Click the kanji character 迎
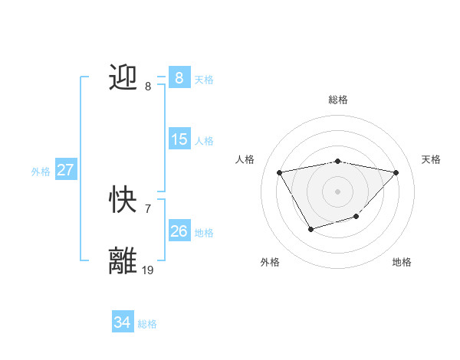coord(123,77)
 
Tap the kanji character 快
coord(123,201)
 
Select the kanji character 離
coord(123,261)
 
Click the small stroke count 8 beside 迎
coord(148,87)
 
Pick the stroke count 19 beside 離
coord(148,270)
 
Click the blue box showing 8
coord(179,78)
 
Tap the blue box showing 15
coord(179,139)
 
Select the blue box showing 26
coord(179,231)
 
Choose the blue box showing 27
coord(66,170)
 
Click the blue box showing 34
coord(122,322)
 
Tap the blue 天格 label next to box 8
coord(204,79)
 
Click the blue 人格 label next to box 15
coord(204,140)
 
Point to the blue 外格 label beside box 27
coord(41,172)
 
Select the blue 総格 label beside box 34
coord(147,324)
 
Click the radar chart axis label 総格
coord(338,100)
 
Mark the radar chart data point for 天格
coord(396,172)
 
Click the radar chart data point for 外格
coord(310,228)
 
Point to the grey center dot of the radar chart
coord(338,191)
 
